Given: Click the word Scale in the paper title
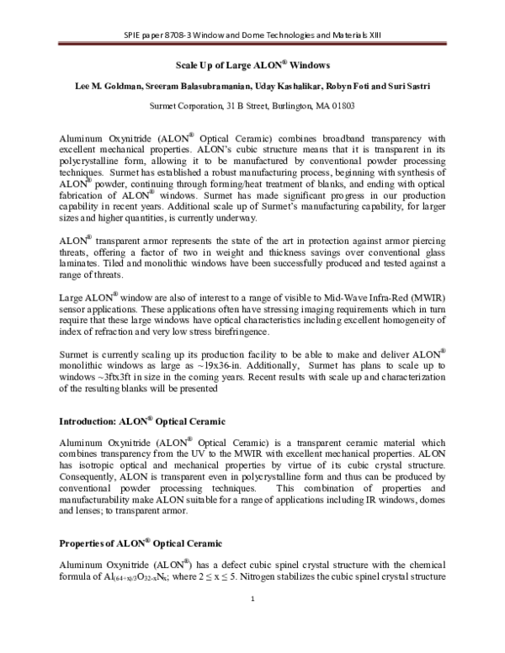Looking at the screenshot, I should (188, 65).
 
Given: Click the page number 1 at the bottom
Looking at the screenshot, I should (252, 622).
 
